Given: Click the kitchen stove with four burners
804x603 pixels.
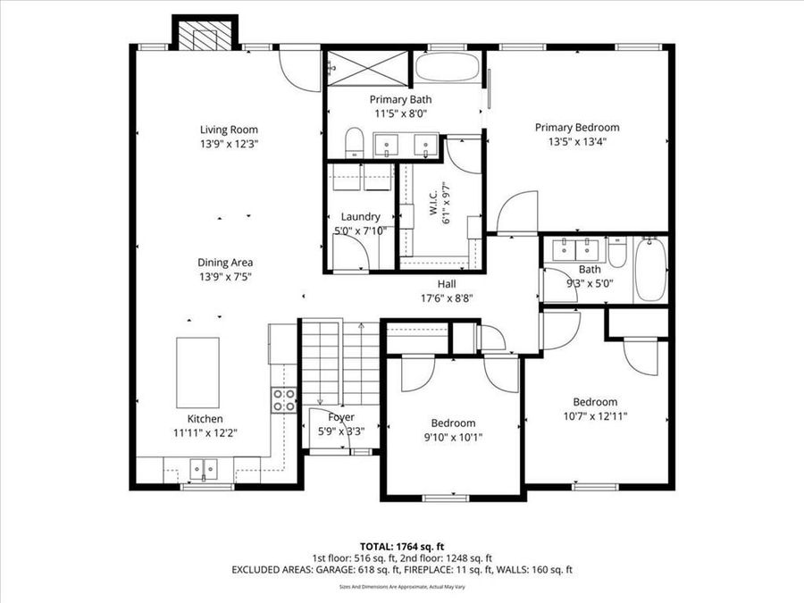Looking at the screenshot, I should [x=284, y=401].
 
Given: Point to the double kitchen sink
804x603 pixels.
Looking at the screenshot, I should [x=204, y=467].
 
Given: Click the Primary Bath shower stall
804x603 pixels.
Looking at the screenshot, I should [x=368, y=66].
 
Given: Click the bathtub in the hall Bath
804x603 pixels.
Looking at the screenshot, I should [x=649, y=270].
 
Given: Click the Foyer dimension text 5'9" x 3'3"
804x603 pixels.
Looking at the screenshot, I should [x=341, y=430].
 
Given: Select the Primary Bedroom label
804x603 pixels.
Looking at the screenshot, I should [x=576, y=127].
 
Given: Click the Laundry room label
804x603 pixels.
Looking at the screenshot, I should [x=361, y=216].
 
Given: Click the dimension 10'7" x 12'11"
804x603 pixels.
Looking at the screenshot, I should [x=595, y=415].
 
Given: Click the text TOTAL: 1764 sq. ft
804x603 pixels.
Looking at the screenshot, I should [x=401, y=545].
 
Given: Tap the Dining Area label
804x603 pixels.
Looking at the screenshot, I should [x=225, y=263].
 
